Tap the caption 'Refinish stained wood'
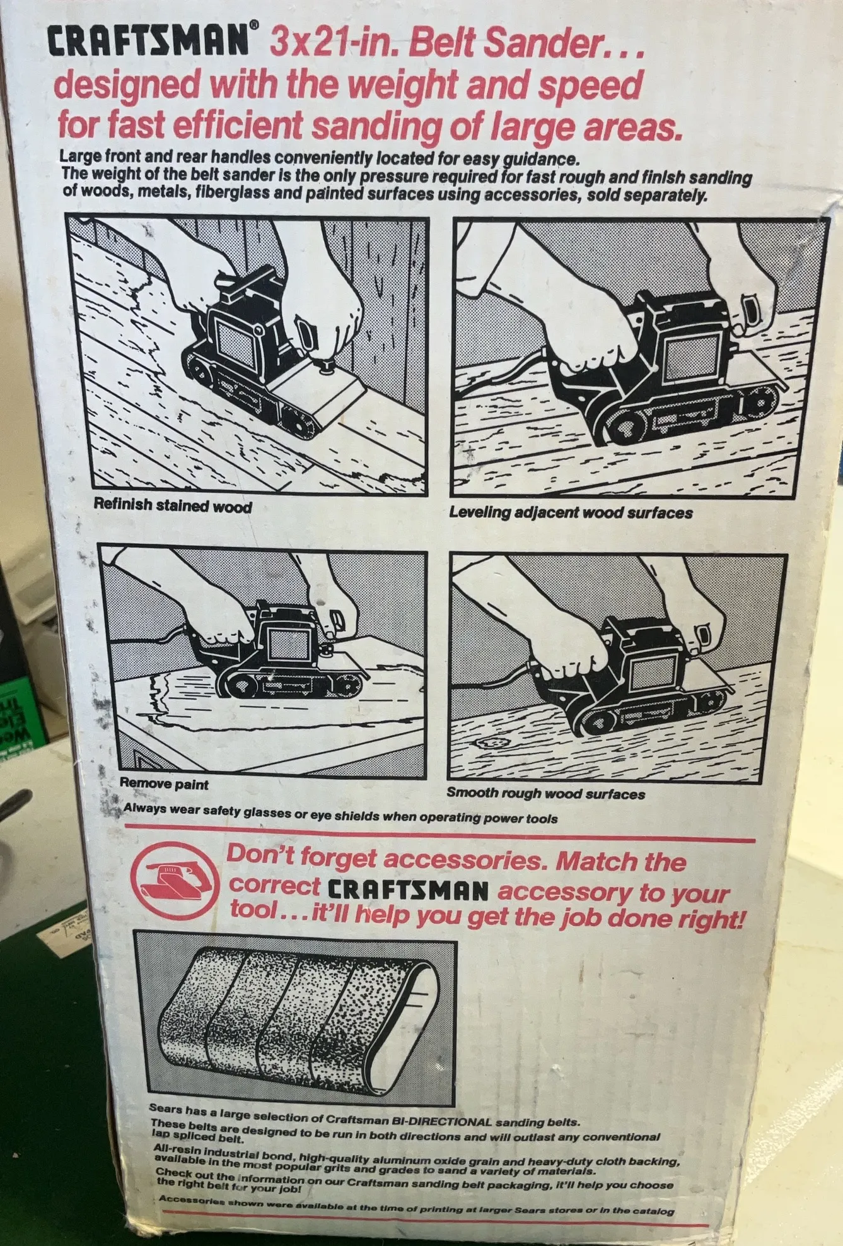[173, 506]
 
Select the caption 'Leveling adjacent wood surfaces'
[571, 513]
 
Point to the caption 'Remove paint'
[164, 784]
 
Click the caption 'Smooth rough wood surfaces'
[546, 794]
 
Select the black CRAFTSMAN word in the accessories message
[409, 890]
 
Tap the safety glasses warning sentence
[340, 813]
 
